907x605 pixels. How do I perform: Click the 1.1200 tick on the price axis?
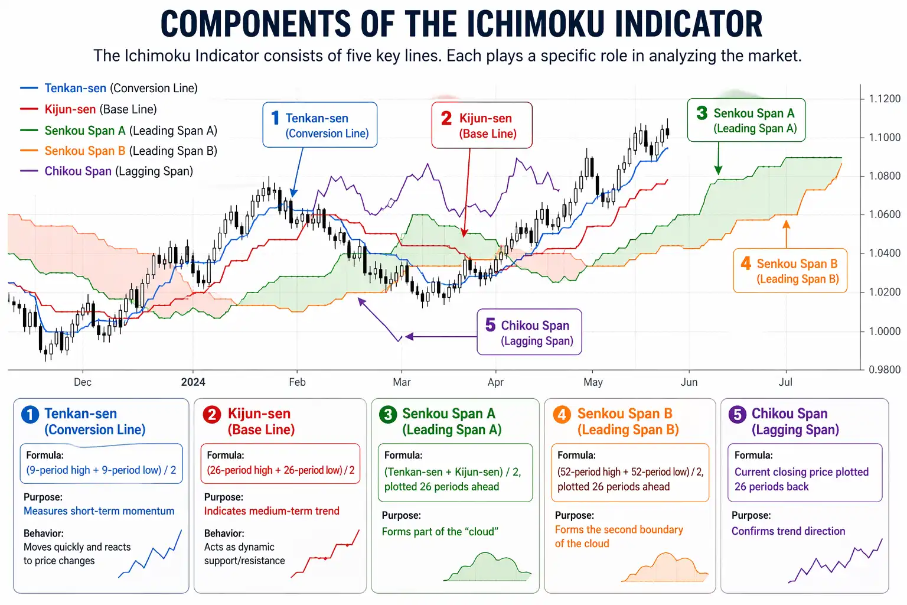(x=884, y=99)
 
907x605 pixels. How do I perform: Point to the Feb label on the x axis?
(x=297, y=382)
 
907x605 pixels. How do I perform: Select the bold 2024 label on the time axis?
(x=193, y=382)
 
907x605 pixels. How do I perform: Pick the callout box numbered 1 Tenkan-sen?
(x=319, y=125)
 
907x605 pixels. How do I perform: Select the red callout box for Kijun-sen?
(x=481, y=125)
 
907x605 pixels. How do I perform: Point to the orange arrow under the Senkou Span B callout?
(x=786, y=234)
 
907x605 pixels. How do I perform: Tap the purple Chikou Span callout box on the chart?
(x=529, y=332)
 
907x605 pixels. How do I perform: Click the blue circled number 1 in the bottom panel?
(x=30, y=415)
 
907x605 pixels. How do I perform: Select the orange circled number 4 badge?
(x=562, y=415)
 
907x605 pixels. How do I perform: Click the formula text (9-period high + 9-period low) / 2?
(x=101, y=470)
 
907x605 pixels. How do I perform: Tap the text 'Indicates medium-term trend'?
(x=272, y=511)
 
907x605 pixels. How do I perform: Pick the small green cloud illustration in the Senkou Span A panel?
(x=487, y=567)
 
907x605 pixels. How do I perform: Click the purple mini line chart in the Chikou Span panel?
(x=835, y=561)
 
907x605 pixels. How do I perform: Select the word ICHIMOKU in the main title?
(x=535, y=25)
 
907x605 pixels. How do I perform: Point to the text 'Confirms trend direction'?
(x=788, y=531)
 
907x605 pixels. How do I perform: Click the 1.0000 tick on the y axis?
(x=884, y=331)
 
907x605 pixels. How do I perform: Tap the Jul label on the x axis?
(x=785, y=382)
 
